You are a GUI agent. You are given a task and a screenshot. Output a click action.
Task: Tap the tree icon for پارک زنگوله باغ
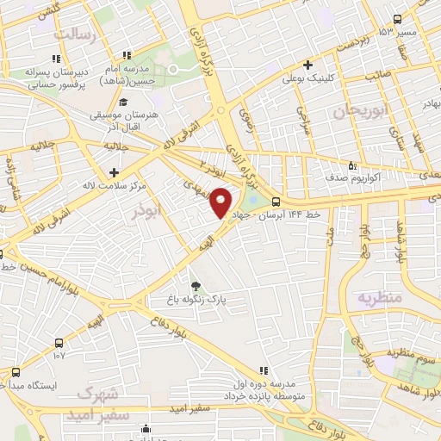pyautogui.click(x=196, y=287)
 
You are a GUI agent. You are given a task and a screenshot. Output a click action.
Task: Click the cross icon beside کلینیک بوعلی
pyautogui.click(x=307, y=65)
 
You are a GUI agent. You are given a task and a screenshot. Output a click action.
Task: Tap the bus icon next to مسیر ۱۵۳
pyautogui.click(x=396, y=20)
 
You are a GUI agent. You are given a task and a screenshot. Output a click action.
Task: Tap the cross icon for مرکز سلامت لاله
pyautogui.click(x=114, y=171)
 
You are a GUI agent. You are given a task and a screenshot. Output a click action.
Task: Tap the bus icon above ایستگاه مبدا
pyautogui.click(x=16, y=372)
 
